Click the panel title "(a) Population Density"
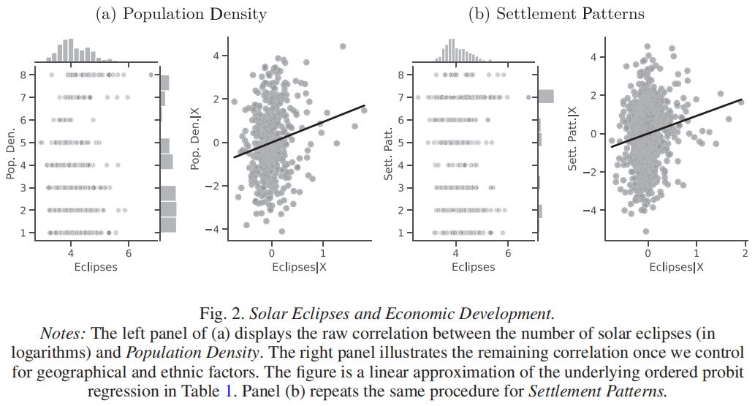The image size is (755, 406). click(181, 14)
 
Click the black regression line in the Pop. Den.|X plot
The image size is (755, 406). click(300, 131)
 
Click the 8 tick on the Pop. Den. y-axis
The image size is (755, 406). click(25, 75)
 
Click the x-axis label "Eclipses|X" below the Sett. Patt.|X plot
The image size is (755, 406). click(676, 267)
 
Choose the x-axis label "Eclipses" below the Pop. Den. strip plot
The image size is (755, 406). click(96, 267)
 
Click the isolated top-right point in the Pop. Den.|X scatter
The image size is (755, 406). click(342, 46)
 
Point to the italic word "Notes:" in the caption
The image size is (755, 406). click(63, 334)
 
